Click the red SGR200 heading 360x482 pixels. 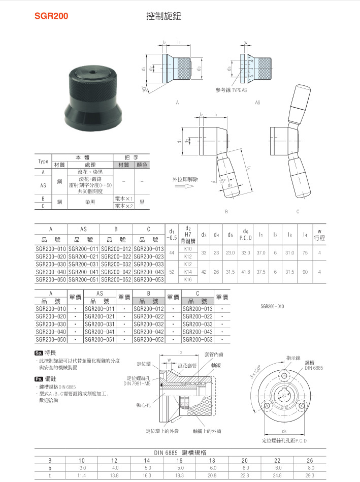click(51, 16)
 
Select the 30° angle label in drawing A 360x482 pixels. click(145, 90)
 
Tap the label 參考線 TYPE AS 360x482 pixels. click(231, 90)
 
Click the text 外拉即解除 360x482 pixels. click(185, 179)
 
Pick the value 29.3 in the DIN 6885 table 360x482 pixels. click(310, 475)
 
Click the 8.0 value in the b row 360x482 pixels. click(310, 467)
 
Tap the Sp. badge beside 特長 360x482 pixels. click(38, 352)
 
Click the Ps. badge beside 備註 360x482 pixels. click(38, 379)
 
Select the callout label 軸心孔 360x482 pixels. click(143, 405)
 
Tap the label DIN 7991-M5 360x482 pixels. click(137, 383)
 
